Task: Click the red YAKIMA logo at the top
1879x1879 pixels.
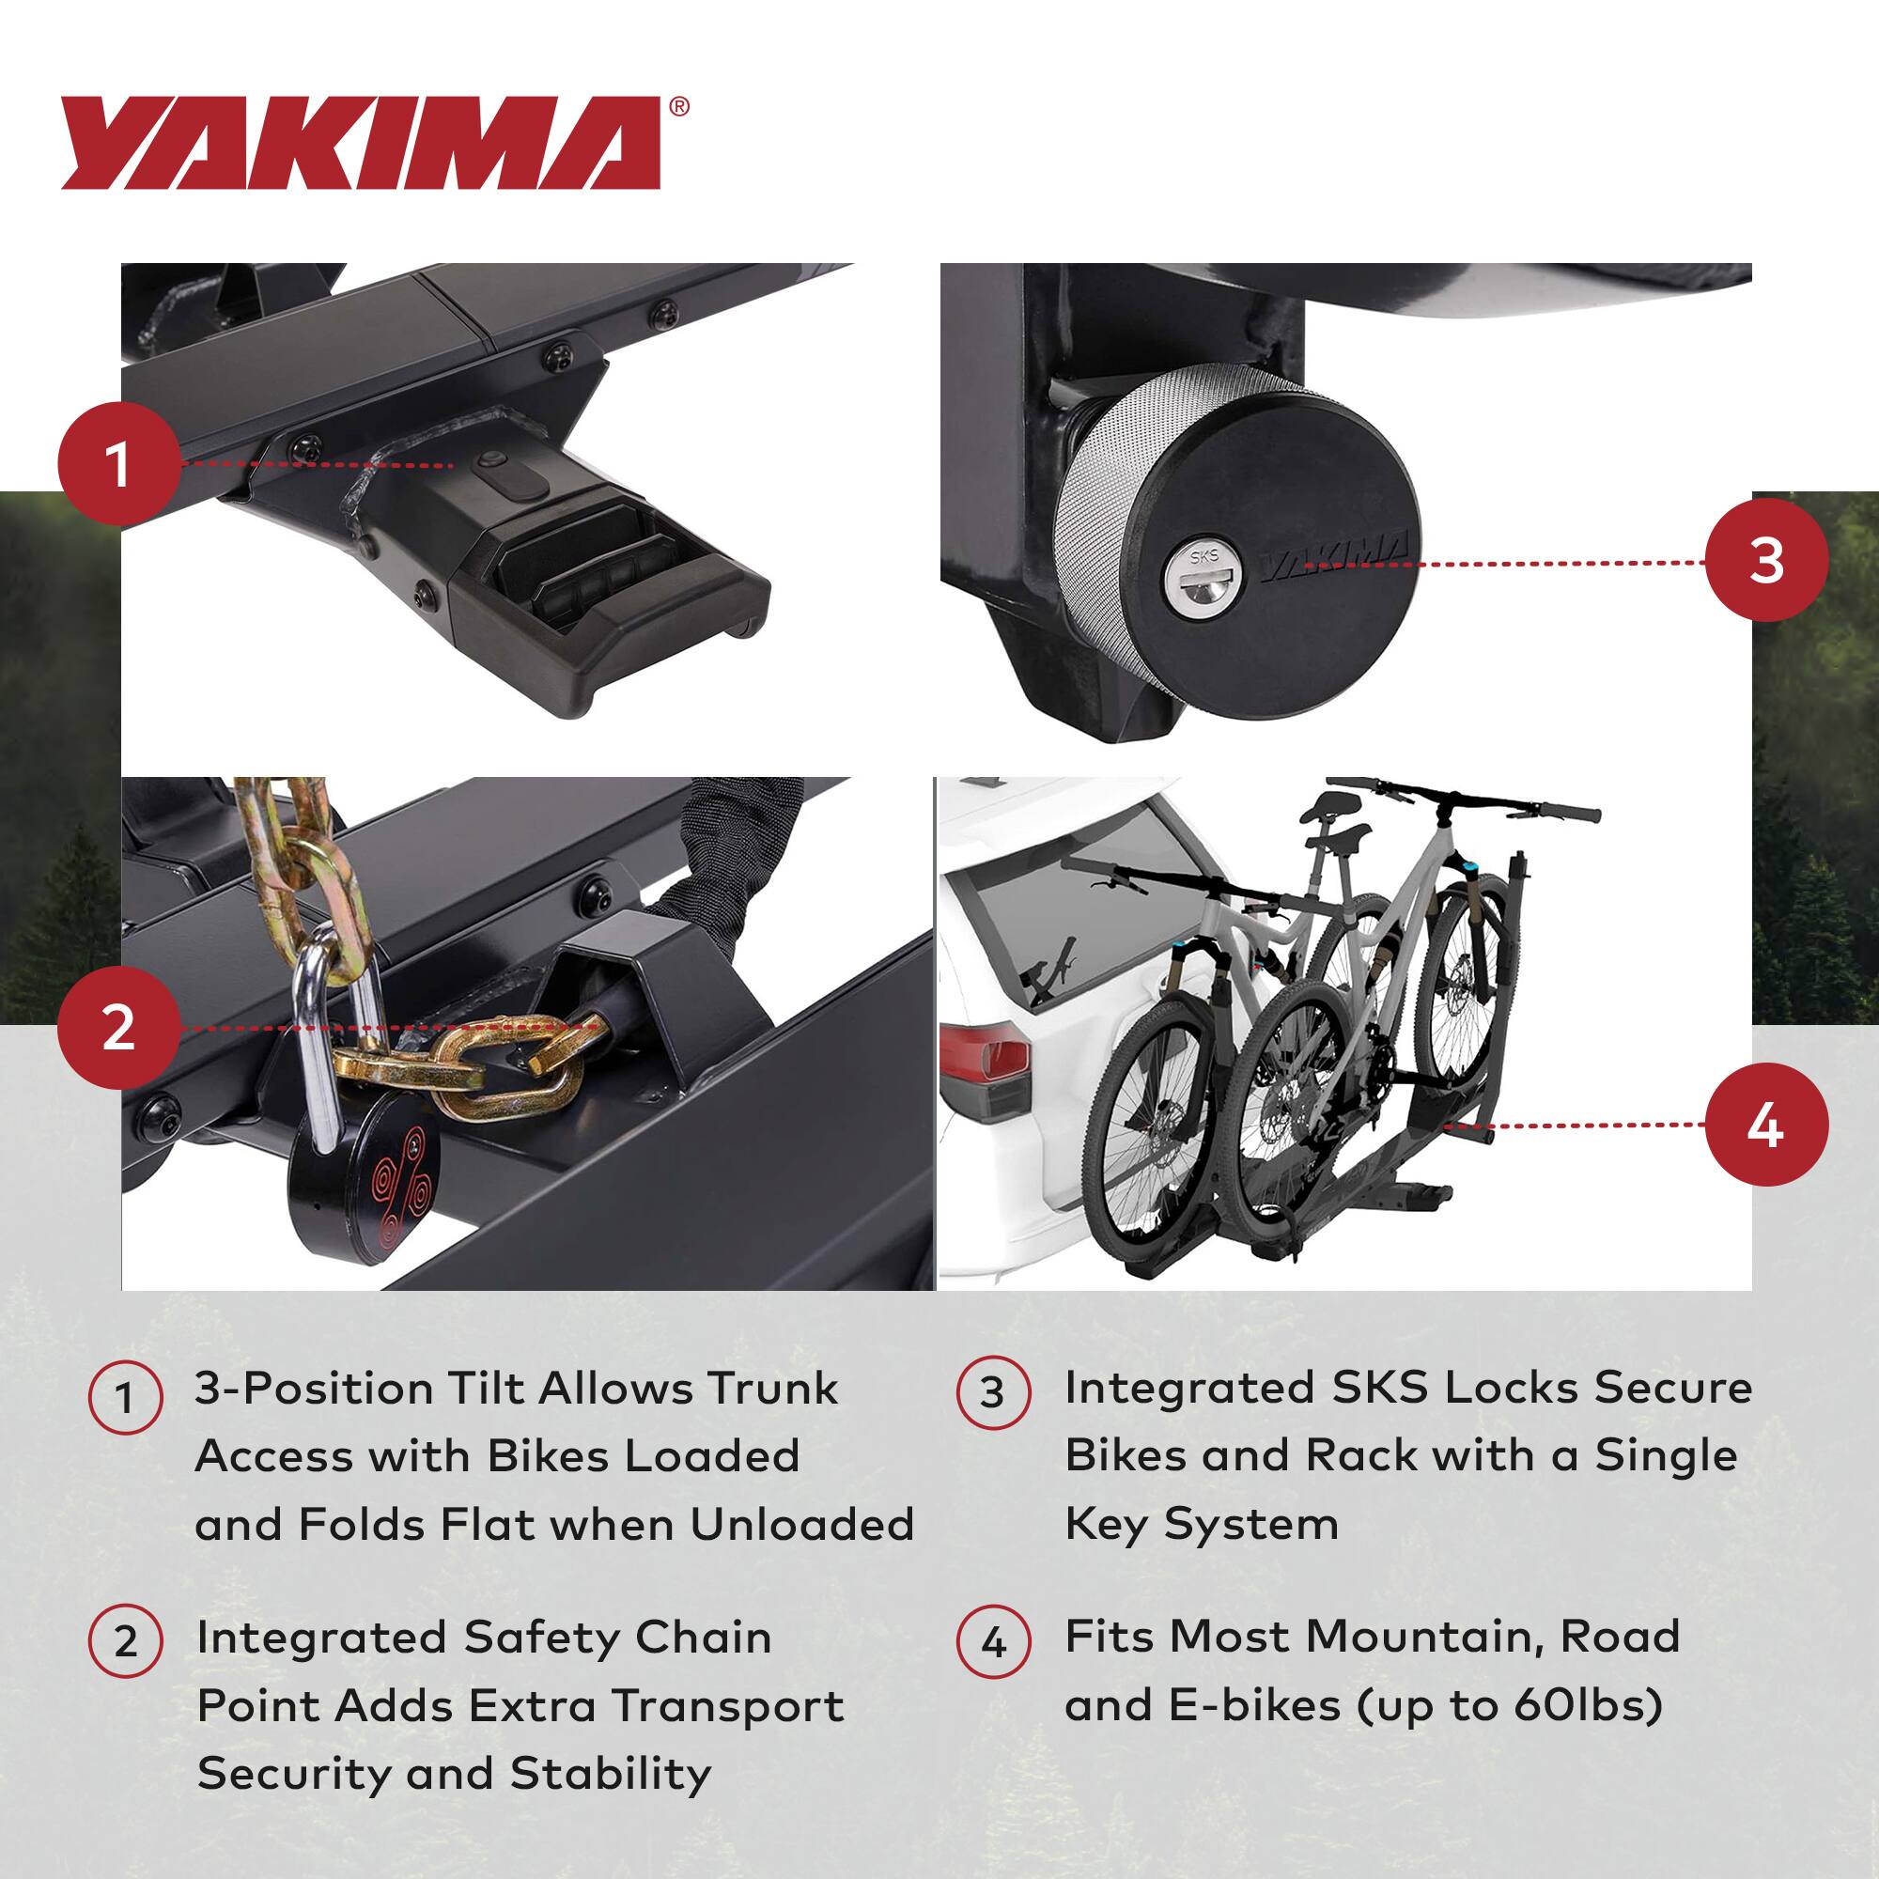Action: (x=361, y=143)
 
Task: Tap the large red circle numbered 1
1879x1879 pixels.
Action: (x=118, y=464)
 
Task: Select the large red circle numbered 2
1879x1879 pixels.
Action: (x=118, y=1027)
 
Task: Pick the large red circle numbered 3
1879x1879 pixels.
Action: (x=1765, y=561)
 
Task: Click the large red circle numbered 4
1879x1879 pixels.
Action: (x=1765, y=1125)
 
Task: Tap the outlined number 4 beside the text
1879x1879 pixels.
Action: (x=992, y=1642)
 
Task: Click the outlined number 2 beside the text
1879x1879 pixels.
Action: (x=126, y=1642)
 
